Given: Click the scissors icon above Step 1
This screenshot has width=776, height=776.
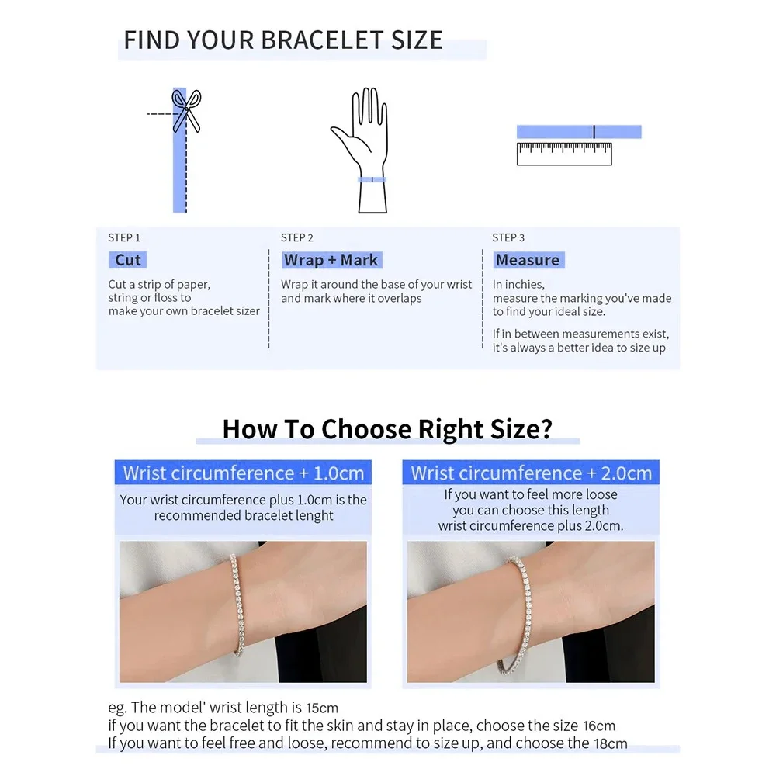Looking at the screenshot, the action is (x=186, y=111).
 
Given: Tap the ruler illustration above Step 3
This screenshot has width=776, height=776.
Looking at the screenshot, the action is (x=564, y=154).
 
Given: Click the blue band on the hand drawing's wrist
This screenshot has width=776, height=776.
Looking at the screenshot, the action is (x=372, y=180).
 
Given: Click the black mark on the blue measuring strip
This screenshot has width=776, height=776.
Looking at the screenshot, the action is (x=594, y=132).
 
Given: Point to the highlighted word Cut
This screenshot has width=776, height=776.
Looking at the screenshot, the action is (x=128, y=260).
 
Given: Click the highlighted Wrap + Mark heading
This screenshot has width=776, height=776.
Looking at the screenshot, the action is (x=331, y=260).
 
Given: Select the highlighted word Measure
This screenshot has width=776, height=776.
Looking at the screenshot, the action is (x=528, y=260).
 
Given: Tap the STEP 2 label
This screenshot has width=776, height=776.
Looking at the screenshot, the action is (x=297, y=237).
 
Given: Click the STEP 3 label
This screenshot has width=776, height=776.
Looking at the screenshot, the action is (x=508, y=237).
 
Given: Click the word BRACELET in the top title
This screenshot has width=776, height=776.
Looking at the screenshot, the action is (x=322, y=40).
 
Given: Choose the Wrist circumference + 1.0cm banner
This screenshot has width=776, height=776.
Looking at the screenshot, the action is (x=243, y=473).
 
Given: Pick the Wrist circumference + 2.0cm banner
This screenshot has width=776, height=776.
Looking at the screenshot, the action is (x=531, y=473).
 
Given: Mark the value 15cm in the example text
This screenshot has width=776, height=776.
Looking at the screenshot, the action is (x=322, y=708).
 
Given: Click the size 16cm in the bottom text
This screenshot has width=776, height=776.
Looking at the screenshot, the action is (x=599, y=726).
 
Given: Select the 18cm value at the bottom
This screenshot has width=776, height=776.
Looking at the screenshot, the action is (x=611, y=743).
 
